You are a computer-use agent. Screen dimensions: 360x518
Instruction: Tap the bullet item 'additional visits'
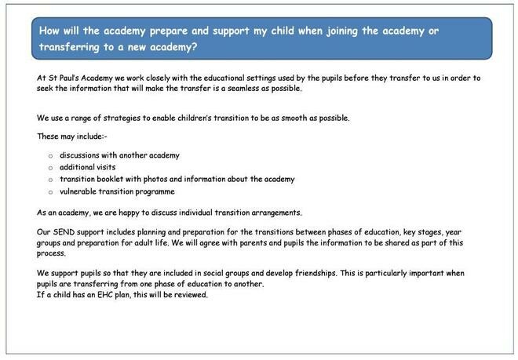point(87,167)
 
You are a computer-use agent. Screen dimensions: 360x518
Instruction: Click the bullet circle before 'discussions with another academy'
point(50,156)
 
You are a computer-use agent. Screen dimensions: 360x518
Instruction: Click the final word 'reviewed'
point(191,295)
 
